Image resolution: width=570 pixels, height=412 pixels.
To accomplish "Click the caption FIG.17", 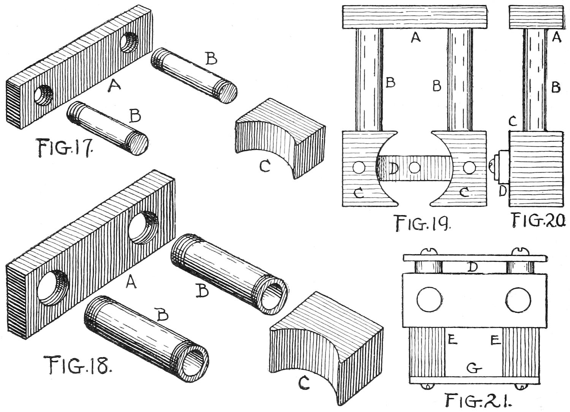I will point(64,148).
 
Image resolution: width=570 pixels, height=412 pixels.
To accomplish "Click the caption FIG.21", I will point(479,401).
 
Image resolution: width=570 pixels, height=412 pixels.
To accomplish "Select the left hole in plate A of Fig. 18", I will point(53,288).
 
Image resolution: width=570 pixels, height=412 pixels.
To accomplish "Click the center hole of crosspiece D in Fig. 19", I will point(415,167).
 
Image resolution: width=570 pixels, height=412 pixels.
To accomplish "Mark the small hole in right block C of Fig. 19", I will point(469,167).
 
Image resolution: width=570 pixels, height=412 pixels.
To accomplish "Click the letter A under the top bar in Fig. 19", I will point(416,37).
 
